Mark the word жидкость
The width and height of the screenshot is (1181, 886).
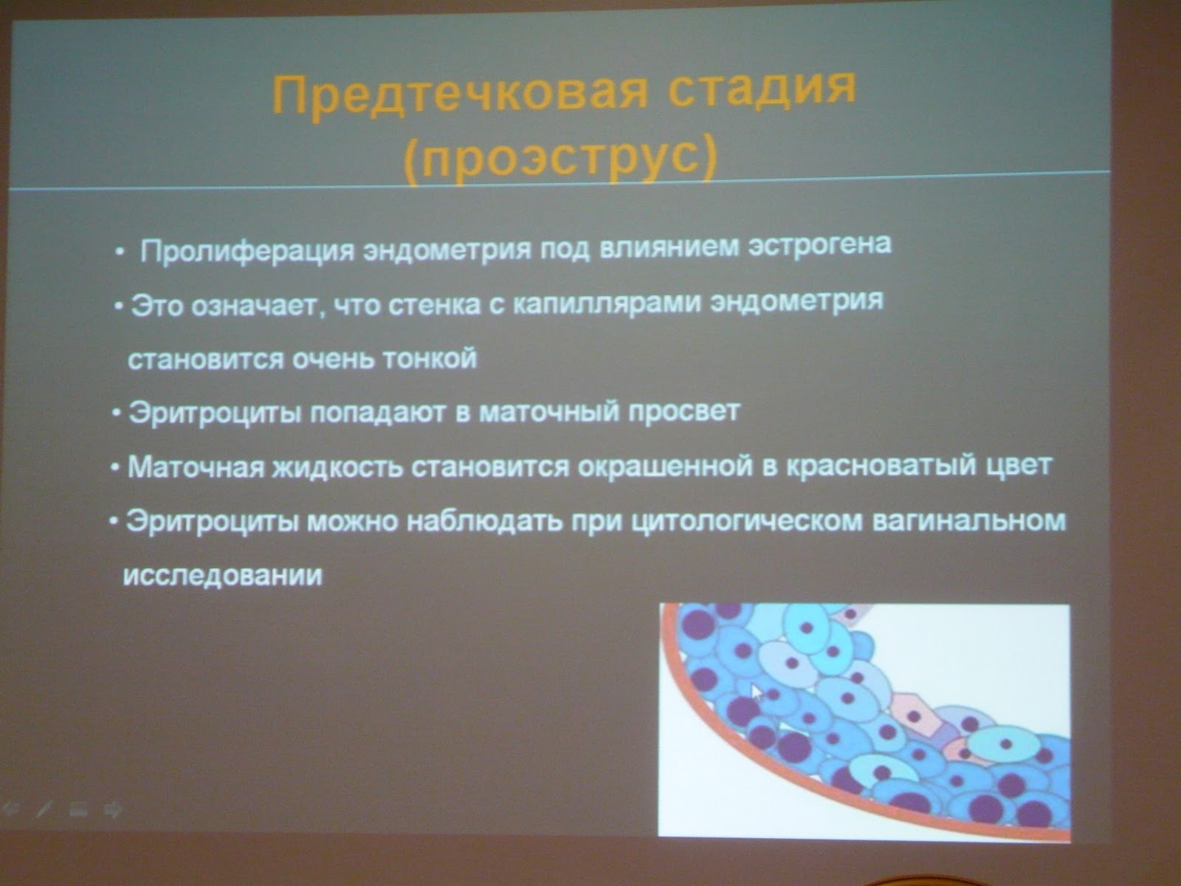[337, 467]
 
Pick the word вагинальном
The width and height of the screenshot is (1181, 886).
[968, 521]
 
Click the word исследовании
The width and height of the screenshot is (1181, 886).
[223, 576]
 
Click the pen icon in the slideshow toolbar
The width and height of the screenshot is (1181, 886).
[44, 808]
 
